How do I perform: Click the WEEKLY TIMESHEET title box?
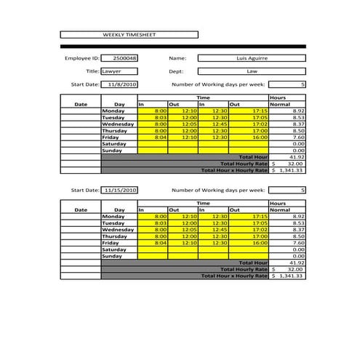click(x=129, y=34)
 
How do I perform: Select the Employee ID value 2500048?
click(x=120, y=57)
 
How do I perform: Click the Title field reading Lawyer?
click(x=120, y=71)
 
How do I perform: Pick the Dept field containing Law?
click(x=252, y=71)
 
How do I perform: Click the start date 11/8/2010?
click(x=120, y=84)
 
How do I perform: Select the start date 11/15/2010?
click(x=120, y=190)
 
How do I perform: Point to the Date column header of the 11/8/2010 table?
click(x=81, y=104)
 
